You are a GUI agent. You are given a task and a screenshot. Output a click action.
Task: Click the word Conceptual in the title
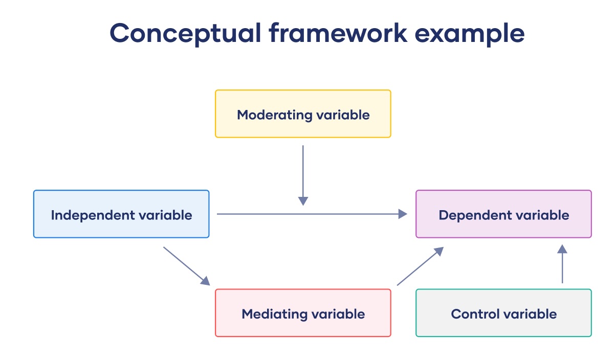185,33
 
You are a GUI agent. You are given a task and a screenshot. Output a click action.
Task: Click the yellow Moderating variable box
303,114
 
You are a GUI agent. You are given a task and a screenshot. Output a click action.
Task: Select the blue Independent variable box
121,214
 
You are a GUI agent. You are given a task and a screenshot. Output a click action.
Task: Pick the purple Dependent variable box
504,214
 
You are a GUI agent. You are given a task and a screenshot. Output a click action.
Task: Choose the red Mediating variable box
303,313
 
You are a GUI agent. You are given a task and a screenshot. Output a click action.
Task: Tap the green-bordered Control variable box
504,313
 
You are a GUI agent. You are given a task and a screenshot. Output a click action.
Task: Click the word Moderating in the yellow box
275,115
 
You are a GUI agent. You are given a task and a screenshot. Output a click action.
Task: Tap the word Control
473,314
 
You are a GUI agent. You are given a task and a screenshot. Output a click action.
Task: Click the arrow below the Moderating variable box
303,175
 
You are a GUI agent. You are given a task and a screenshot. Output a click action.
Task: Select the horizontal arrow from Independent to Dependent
312,214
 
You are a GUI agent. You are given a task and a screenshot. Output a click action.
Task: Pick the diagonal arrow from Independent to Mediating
187,266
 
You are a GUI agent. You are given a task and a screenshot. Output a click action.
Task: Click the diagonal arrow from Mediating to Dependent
421,266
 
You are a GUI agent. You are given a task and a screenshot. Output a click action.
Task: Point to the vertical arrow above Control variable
562,264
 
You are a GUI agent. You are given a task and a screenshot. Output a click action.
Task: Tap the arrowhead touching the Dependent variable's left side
403,214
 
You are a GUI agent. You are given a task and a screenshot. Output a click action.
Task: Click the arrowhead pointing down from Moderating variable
303,201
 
